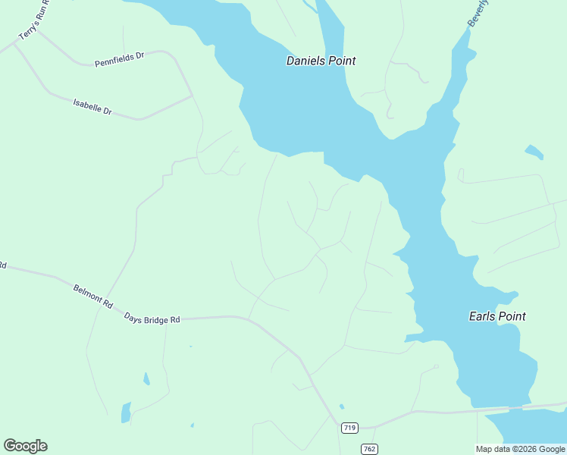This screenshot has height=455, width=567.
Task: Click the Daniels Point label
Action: (321, 61)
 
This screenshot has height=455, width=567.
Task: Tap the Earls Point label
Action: (497, 316)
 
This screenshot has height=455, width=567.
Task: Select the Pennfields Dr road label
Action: (119, 59)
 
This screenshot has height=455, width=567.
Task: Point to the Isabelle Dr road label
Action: (92, 106)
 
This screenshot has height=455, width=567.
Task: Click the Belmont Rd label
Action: (93, 295)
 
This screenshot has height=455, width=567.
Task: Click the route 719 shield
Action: (349, 428)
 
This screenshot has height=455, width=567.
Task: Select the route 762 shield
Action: (369, 449)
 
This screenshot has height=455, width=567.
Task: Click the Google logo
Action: (25, 446)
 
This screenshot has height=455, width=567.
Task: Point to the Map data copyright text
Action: (521, 449)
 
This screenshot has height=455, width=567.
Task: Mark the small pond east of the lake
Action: (534, 152)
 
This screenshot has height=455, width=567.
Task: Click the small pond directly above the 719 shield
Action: (342, 406)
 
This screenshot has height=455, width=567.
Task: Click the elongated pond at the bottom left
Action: (126, 413)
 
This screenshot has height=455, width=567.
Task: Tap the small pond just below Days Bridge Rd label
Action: (146, 378)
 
